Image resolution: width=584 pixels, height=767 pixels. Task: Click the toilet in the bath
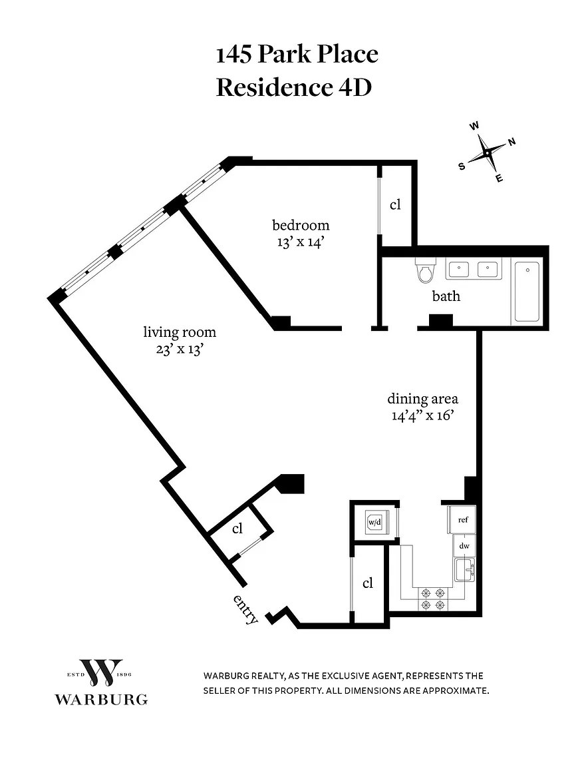tap(424, 270)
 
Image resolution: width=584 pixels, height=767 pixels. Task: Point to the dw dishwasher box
tap(464, 546)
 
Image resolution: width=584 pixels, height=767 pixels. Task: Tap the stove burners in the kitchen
tap(432, 598)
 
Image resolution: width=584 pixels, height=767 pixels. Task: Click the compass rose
tap(488, 153)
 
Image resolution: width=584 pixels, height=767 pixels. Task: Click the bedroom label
tap(300, 225)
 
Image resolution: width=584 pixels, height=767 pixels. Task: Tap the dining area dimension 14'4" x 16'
tap(422, 416)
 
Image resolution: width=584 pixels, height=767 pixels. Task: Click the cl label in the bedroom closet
tap(395, 204)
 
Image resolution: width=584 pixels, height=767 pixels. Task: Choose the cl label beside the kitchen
tap(368, 583)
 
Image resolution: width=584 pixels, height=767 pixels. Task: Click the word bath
tap(446, 296)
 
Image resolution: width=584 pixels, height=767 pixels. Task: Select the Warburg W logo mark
tap(100, 673)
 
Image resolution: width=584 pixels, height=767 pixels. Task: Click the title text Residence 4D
tap(293, 87)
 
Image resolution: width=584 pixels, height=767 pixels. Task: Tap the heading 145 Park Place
tap(297, 54)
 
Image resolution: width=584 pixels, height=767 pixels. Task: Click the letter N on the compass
tap(512, 141)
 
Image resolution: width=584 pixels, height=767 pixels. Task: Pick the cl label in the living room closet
tap(237, 529)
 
